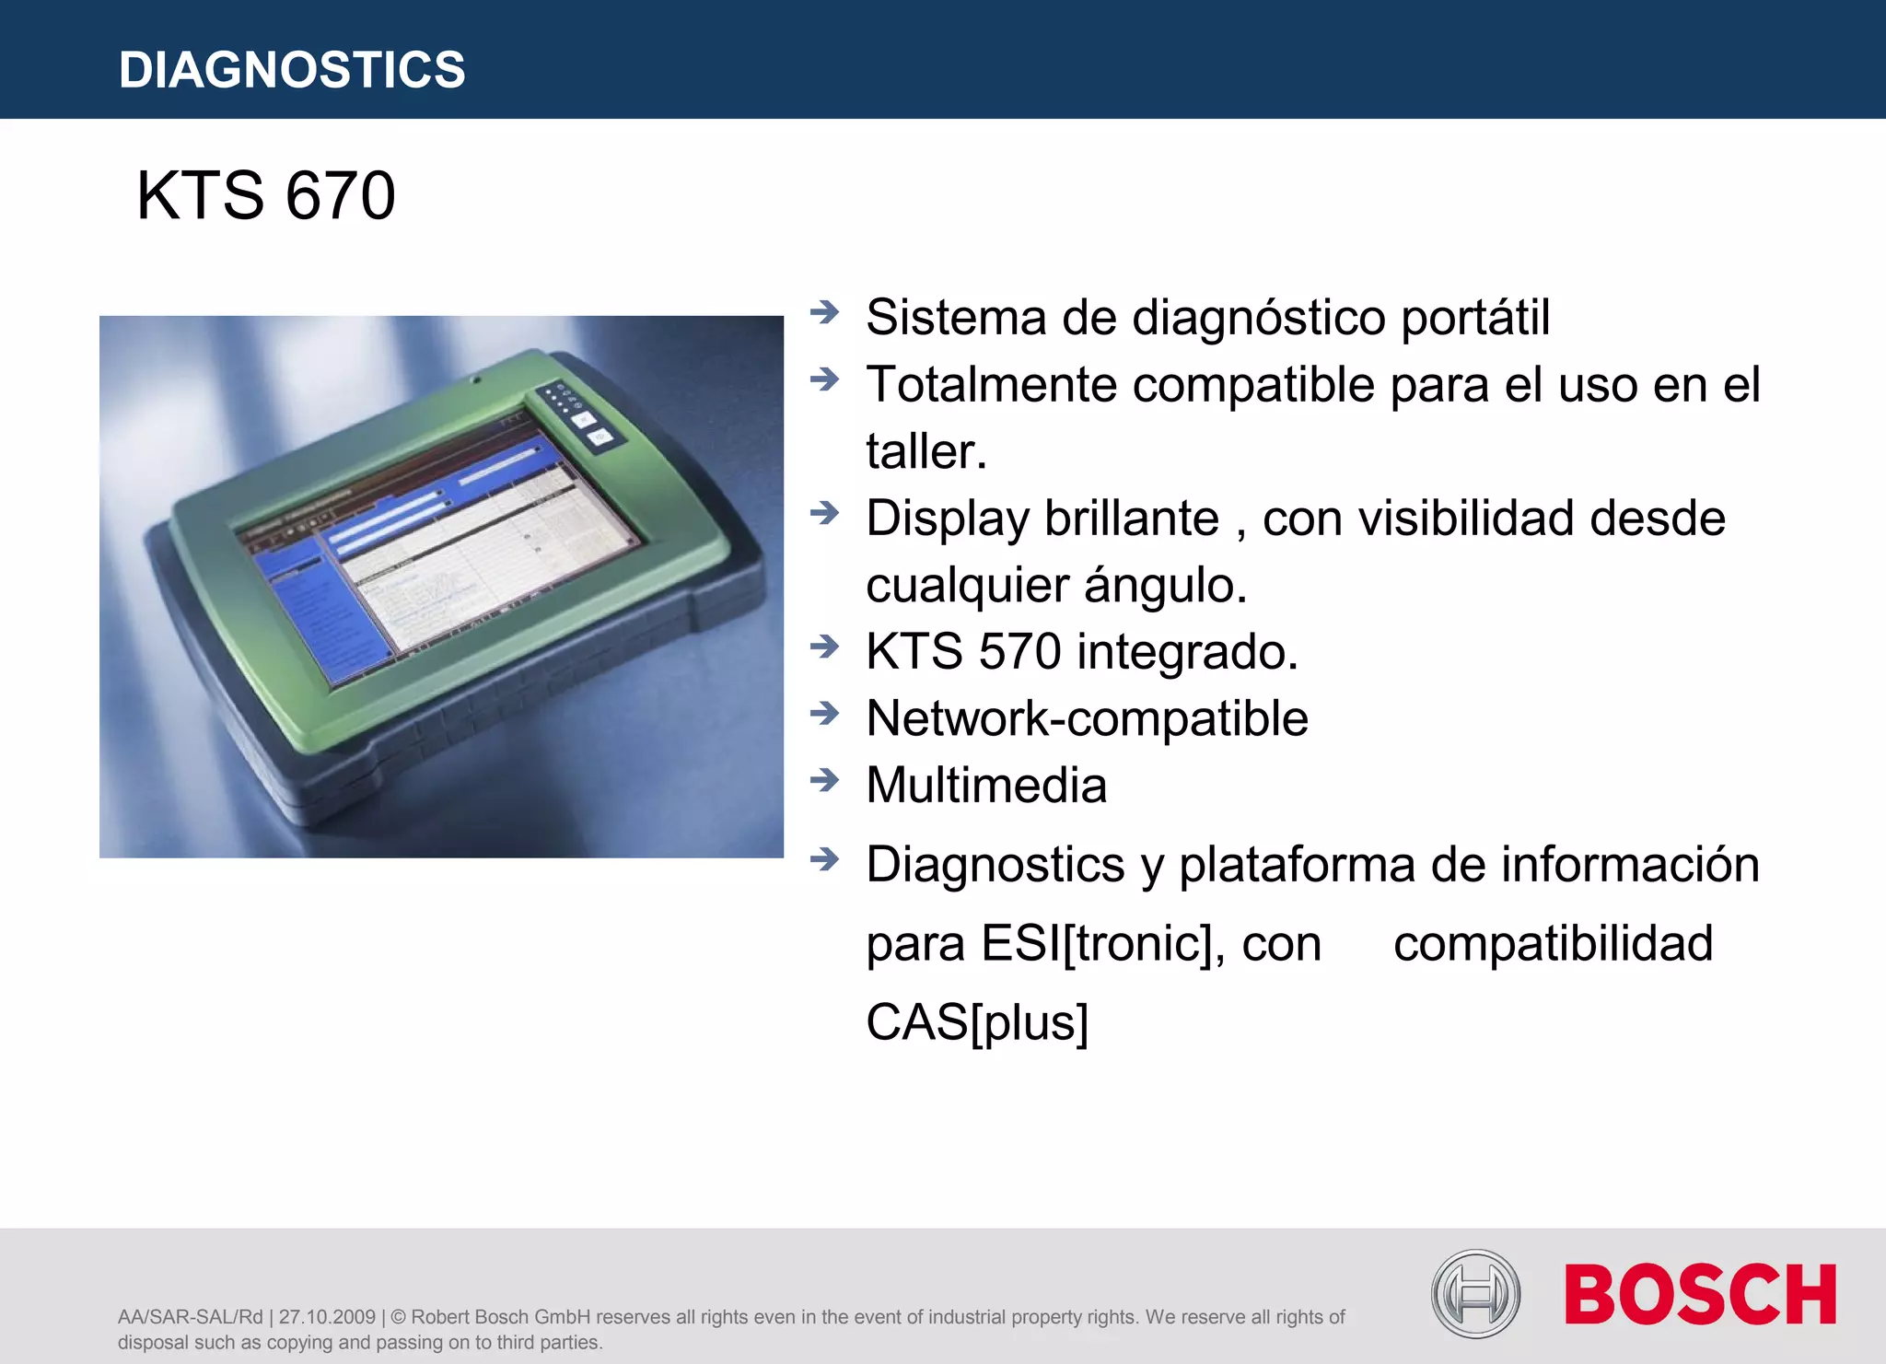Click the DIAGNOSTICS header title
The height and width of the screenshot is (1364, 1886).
pyautogui.click(x=292, y=70)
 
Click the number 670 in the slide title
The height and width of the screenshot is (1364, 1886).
pyautogui.click(x=340, y=196)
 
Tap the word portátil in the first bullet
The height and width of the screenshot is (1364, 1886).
pyautogui.click(x=1475, y=318)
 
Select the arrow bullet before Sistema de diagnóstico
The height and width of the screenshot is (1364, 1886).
pyautogui.click(x=824, y=312)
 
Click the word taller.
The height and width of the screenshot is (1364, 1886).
pyautogui.click(x=926, y=452)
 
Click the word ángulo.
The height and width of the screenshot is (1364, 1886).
pyautogui.click(x=1165, y=586)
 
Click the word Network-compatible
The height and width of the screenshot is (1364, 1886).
pyautogui.click(x=1087, y=718)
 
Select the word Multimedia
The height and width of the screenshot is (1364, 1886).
pyautogui.click(x=986, y=786)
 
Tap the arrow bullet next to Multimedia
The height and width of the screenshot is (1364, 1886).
pyautogui.click(x=824, y=780)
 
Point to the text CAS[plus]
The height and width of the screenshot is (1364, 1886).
pyautogui.click(x=977, y=1022)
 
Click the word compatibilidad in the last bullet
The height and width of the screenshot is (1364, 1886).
pyautogui.click(x=1553, y=944)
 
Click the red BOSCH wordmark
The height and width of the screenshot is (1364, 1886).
pyautogui.click(x=1700, y=1295)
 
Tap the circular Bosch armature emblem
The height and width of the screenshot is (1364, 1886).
pyautogui.click(x=1475, y=1294)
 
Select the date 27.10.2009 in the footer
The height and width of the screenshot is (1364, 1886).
pyautogui.click(x=327, y=1317)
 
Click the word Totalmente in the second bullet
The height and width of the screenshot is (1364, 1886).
pyautogui.click(x=991, y=385)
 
